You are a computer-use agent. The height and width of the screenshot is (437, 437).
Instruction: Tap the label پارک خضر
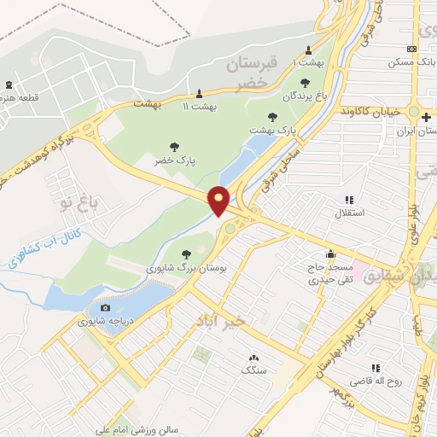tap(172, 160)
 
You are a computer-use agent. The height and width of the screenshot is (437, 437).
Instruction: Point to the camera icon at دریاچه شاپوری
tap(105, 307)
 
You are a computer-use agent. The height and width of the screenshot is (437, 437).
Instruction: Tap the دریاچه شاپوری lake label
tap(103, 322)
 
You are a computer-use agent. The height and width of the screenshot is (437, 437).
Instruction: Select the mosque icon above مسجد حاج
tap(330, 253)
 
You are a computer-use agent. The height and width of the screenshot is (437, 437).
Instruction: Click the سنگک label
tap(253, 370)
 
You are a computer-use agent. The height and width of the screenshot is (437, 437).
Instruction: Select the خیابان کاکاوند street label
tap(371, 112)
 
